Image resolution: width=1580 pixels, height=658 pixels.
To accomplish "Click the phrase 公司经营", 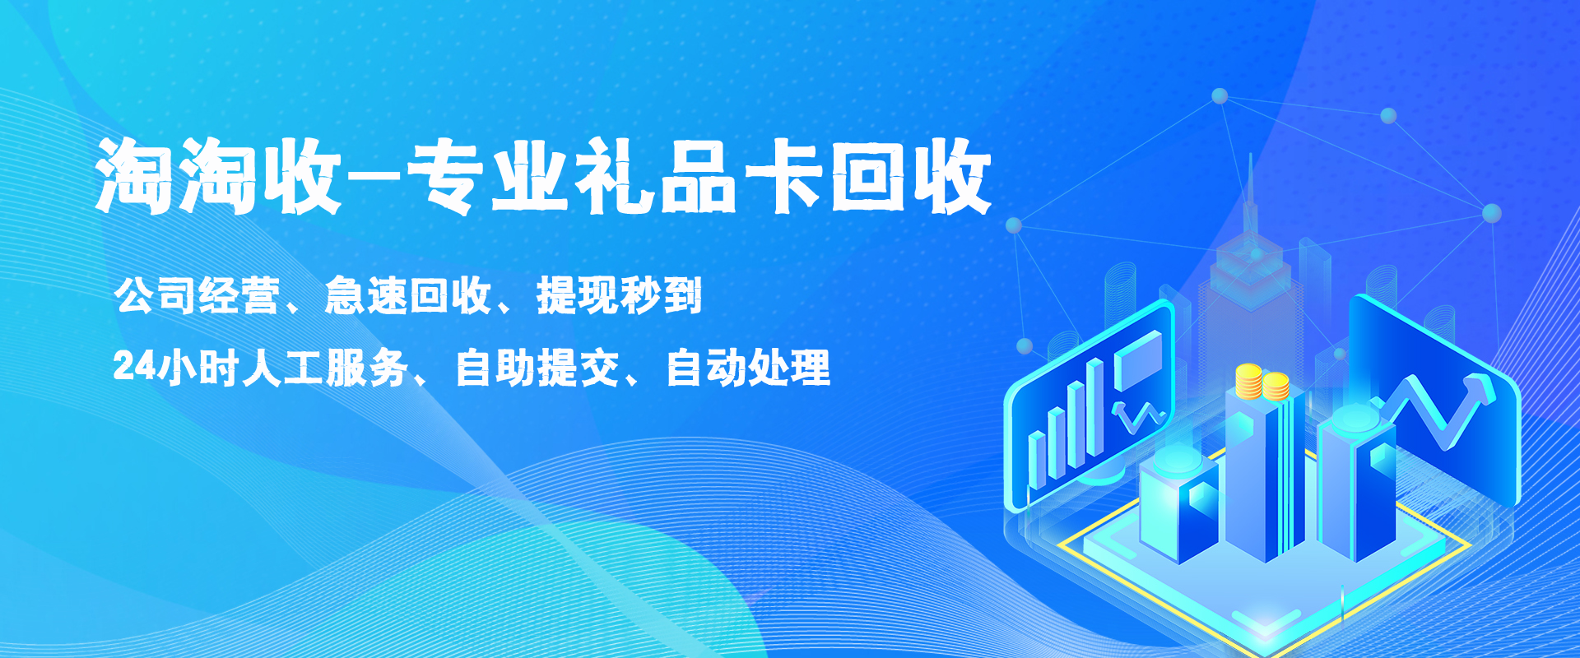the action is tap(197, 295).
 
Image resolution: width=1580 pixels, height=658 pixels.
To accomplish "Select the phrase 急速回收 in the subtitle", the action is tap(408, 295).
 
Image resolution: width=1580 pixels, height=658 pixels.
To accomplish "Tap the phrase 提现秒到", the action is tap(620, 295).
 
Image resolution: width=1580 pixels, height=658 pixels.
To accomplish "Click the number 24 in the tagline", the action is tap(134, 367).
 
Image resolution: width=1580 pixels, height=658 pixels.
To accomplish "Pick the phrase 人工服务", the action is tap(326, 367).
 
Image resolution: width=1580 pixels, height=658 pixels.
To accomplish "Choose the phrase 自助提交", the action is tap(537, 367).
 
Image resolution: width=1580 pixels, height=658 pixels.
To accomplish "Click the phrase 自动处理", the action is tap(748, 367).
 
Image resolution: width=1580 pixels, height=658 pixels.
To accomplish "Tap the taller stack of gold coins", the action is tap(1248, 381).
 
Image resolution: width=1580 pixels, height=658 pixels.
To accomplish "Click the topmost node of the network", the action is tap(1220, 96).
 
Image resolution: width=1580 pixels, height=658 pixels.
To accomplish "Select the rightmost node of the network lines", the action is tap(1491, 214).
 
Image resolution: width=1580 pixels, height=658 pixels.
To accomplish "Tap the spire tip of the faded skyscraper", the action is tap(1251, 156).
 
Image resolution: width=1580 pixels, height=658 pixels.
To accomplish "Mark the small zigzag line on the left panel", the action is tap(1138, 416).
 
